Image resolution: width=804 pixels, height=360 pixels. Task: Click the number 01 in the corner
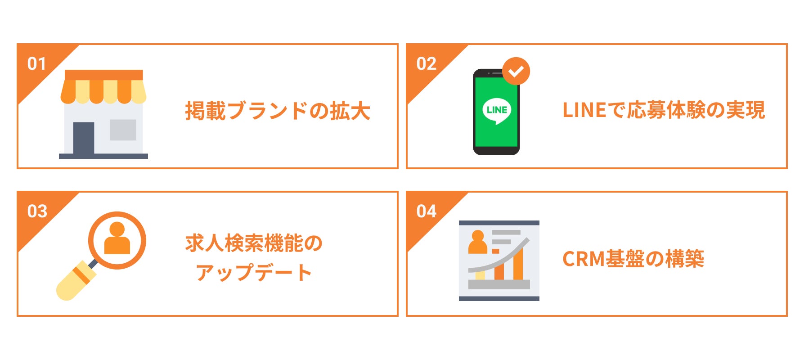click(36, 64)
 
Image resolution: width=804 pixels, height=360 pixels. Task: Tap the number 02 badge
click(426, 64)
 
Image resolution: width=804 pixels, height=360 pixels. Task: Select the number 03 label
click(37, 211)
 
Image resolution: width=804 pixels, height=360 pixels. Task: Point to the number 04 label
click(426, 211)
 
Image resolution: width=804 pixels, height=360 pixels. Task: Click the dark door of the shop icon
click(84, 138)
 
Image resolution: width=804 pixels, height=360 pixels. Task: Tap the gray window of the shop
click(123, 130)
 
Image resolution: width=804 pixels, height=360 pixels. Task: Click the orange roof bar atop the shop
click(103, 75)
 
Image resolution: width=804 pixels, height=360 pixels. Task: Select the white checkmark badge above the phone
click(516, 71)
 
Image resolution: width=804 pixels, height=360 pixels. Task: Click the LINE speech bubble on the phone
click(497, 110)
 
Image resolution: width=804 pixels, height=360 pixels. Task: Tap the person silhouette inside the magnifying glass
click(117, 238)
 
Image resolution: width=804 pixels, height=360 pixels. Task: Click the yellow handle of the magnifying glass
click(72, 283)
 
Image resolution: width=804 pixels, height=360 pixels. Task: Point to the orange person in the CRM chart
click(477, 243)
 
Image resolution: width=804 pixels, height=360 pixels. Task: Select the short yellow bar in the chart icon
click(480, 274)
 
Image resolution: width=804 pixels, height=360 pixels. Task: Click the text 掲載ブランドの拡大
click(278, 111)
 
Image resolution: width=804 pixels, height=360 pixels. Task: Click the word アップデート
click(254, 273)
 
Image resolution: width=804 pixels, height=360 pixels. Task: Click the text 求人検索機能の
click(254, 243)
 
